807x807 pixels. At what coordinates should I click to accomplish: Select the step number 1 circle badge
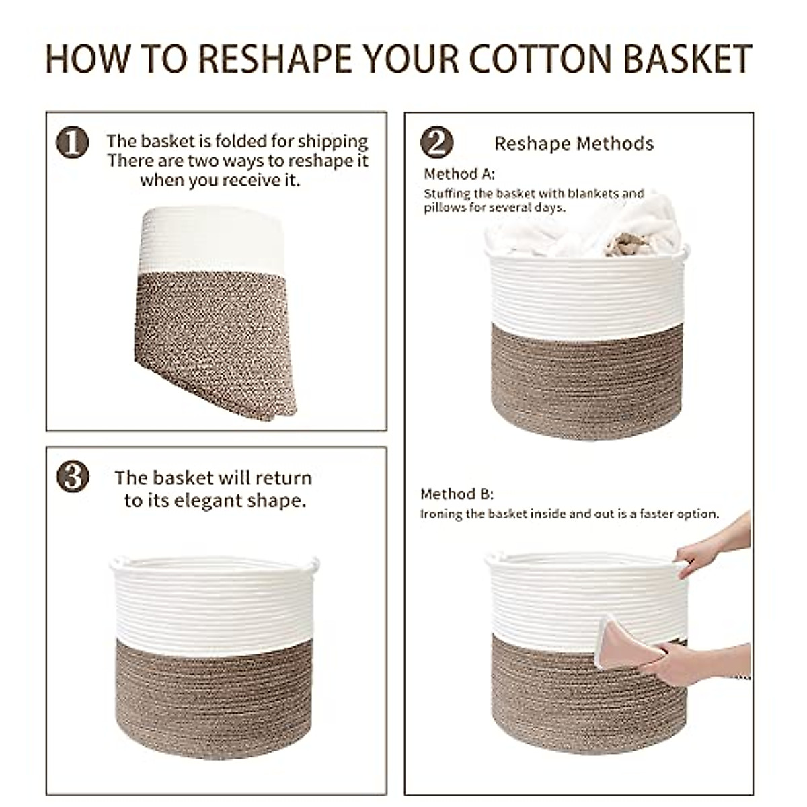(73, 144)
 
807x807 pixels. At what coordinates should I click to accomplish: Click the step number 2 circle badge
(436, 143)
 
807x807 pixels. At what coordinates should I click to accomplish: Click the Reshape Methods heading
(574, 143)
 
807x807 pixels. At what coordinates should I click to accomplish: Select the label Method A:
(459, 174)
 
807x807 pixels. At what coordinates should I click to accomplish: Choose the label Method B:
(457, 494)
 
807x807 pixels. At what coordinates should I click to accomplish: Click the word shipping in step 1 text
(332, 141)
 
